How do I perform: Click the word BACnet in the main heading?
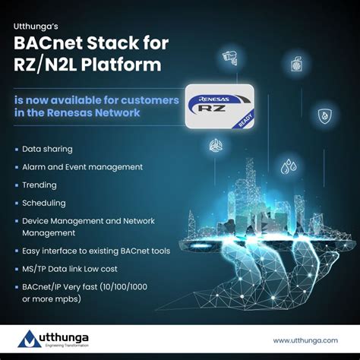coord(48,43)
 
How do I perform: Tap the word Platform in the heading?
coord(122,65)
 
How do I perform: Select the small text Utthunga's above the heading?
coord(36,27)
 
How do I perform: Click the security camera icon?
coord(229,58)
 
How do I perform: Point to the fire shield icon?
coord(325,116)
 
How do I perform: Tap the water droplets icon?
coord(289,166)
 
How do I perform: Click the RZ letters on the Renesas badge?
coord(211,109)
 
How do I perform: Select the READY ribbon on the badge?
coord(245,120)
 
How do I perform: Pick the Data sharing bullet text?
coord(47,149)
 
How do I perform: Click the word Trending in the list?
coord(39,185)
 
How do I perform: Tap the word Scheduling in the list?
coord(44,203)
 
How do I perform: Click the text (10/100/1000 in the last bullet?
coord(124,287)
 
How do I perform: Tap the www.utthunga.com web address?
coord(305,340)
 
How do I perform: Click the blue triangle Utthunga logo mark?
coord(30,339)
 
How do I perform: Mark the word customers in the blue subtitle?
coord(150,100)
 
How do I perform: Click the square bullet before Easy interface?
coord(17,251)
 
